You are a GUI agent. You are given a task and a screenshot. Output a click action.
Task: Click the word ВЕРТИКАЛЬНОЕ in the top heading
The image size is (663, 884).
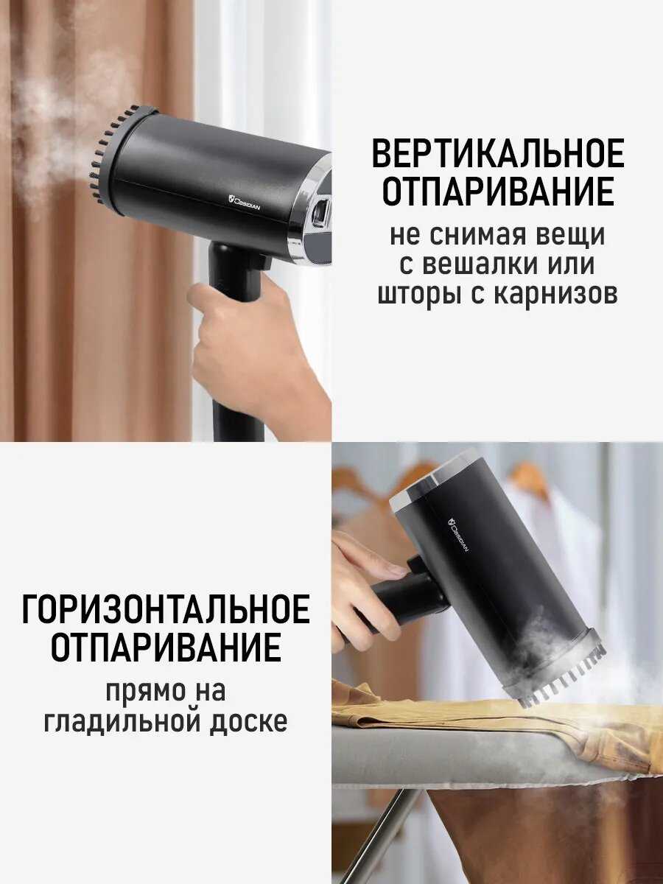(497, 153)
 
